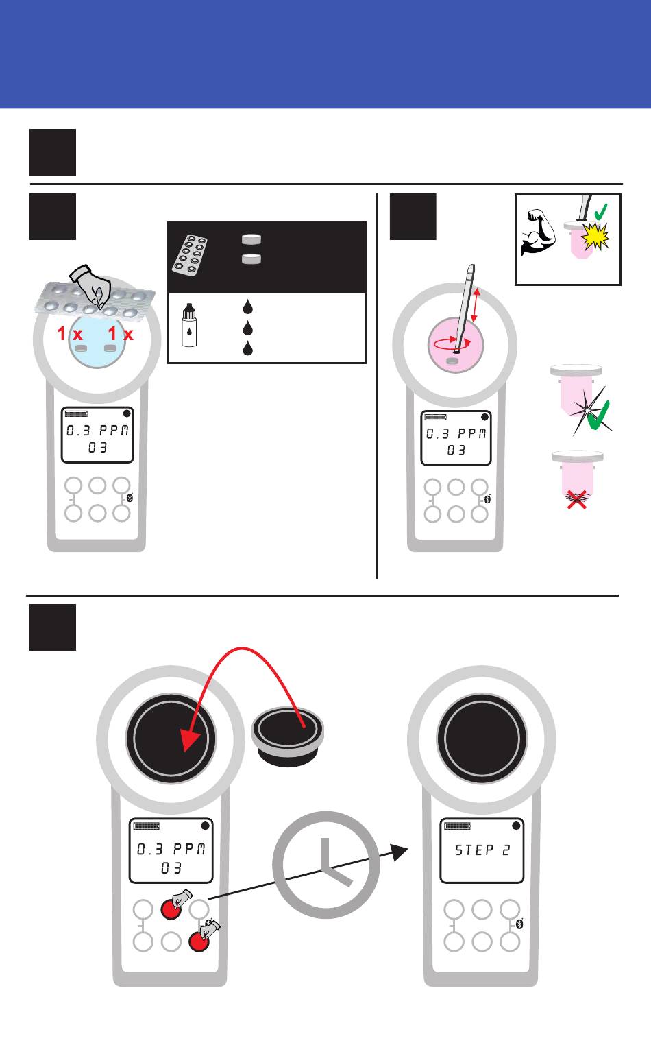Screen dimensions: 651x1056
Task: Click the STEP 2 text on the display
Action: pos(482,850)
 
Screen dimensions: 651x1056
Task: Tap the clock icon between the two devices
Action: pos(325,864)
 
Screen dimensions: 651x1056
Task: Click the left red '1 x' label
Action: pos(70,334)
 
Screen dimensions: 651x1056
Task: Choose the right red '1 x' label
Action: pos(121,334)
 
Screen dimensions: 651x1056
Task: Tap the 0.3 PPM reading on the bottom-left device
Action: pos(171,849)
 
